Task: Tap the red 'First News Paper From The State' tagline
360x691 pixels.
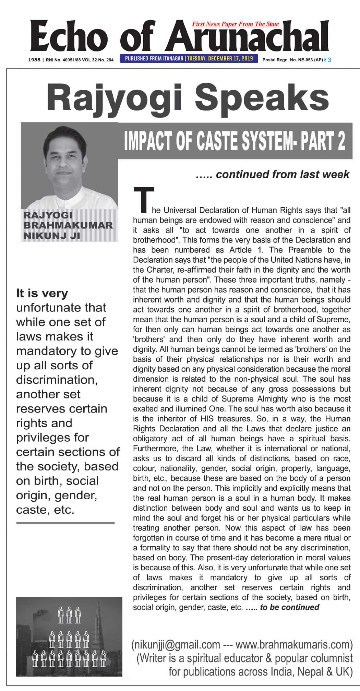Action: click(x=236, y=24)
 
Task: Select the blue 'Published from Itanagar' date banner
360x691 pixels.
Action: click(x=189, y=59)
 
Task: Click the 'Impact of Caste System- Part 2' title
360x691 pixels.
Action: click(x=235, y=141)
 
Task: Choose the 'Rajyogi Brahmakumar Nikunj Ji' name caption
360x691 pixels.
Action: click(x=68, y=225)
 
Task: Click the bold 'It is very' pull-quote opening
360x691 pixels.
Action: click(x=42, y=293)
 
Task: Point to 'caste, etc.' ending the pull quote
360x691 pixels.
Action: click(x=45, y=510)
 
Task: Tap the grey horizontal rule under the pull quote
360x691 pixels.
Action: click(x=65, y=523)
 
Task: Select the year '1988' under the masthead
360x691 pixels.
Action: click(x=34, y=60)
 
